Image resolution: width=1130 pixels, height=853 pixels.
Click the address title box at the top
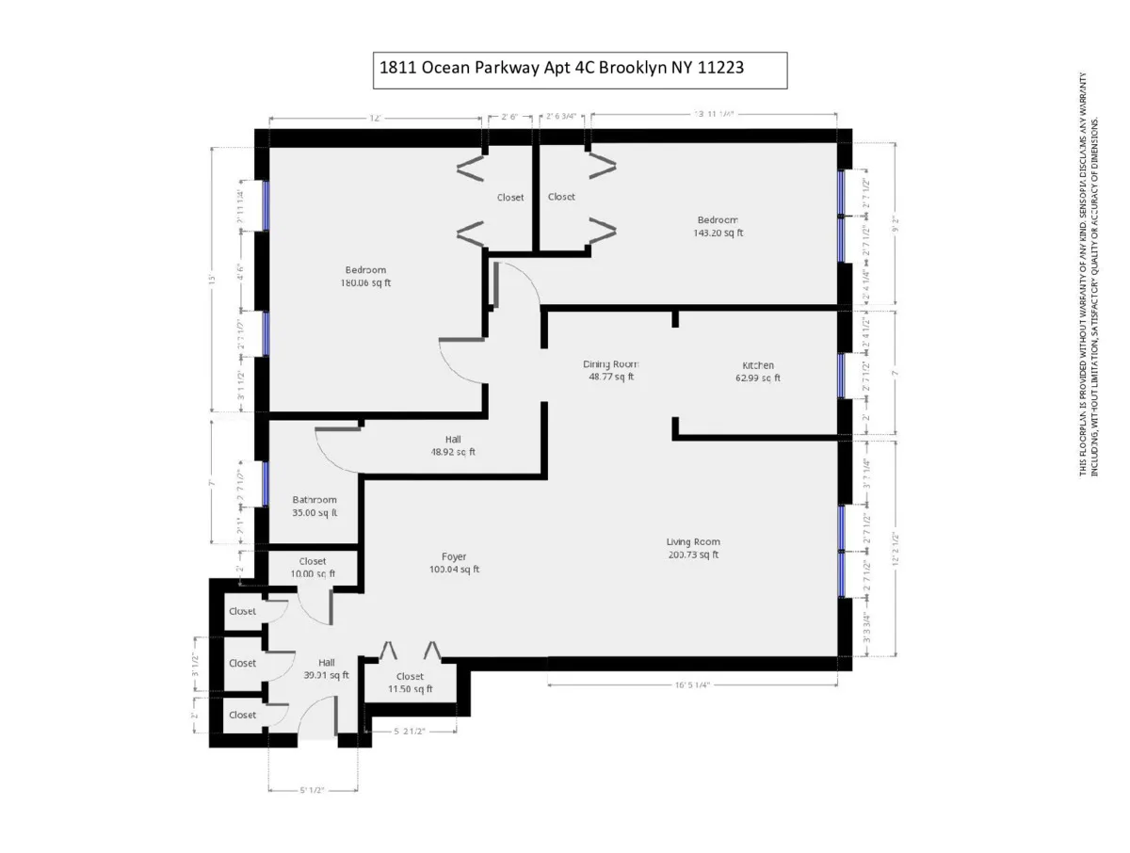pos(579,70)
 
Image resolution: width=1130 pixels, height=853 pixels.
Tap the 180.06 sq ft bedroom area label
pos(365,282)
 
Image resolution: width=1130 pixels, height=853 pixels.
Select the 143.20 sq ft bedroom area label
pos(718,233)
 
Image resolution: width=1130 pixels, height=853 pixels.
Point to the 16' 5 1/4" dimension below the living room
pos(692,685)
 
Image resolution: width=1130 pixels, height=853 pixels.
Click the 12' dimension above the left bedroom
pos(375,119)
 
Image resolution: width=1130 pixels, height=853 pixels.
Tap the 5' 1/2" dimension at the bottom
pos(313,791)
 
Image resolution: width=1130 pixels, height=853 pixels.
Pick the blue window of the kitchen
pos(841,375)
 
